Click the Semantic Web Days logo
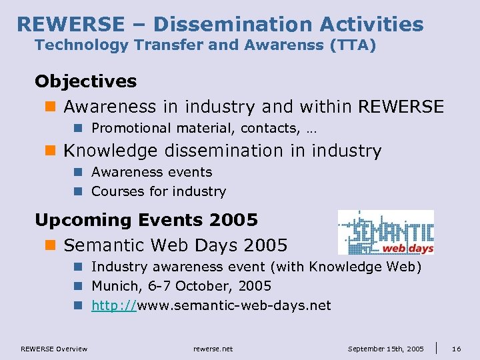(x=385, y=232)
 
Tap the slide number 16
(x=457, y=349)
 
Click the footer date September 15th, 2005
(x=385, y=349)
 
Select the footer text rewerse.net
(x=213, y=349)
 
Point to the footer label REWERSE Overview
(x=54, y=349)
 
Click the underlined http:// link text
(x=114, y=305)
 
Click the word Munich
(x=113, y=286)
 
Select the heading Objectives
(x=85, y=81)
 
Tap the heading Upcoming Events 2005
(x=146, y=219)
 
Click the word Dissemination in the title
(x=232, y=25)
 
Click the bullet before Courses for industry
(x=77, y=191)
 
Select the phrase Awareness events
(x=151, y=172)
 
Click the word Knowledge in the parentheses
(x=347, y=267)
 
